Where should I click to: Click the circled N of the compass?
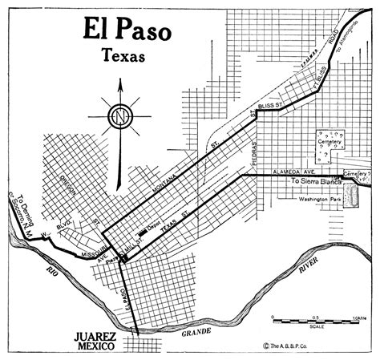tap(120, 116)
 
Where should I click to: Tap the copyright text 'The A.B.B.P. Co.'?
tap(302, 346)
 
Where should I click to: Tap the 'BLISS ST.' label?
tap(276, 105)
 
